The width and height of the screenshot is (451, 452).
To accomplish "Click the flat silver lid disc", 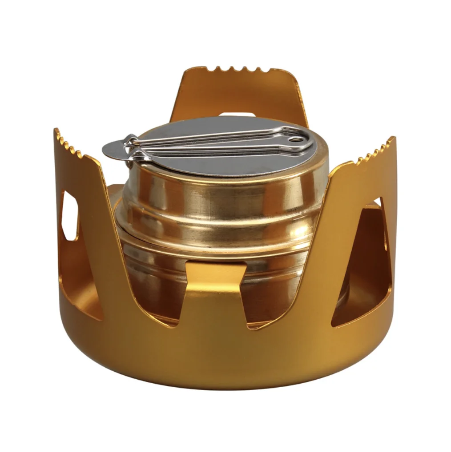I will [x=222, y=160].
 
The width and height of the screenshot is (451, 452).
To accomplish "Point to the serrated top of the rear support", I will [x=235, y=70].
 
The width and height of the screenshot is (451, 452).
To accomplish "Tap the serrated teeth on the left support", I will [x=69, y=143].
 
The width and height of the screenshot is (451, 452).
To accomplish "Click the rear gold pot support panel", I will [x=240, y=93].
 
